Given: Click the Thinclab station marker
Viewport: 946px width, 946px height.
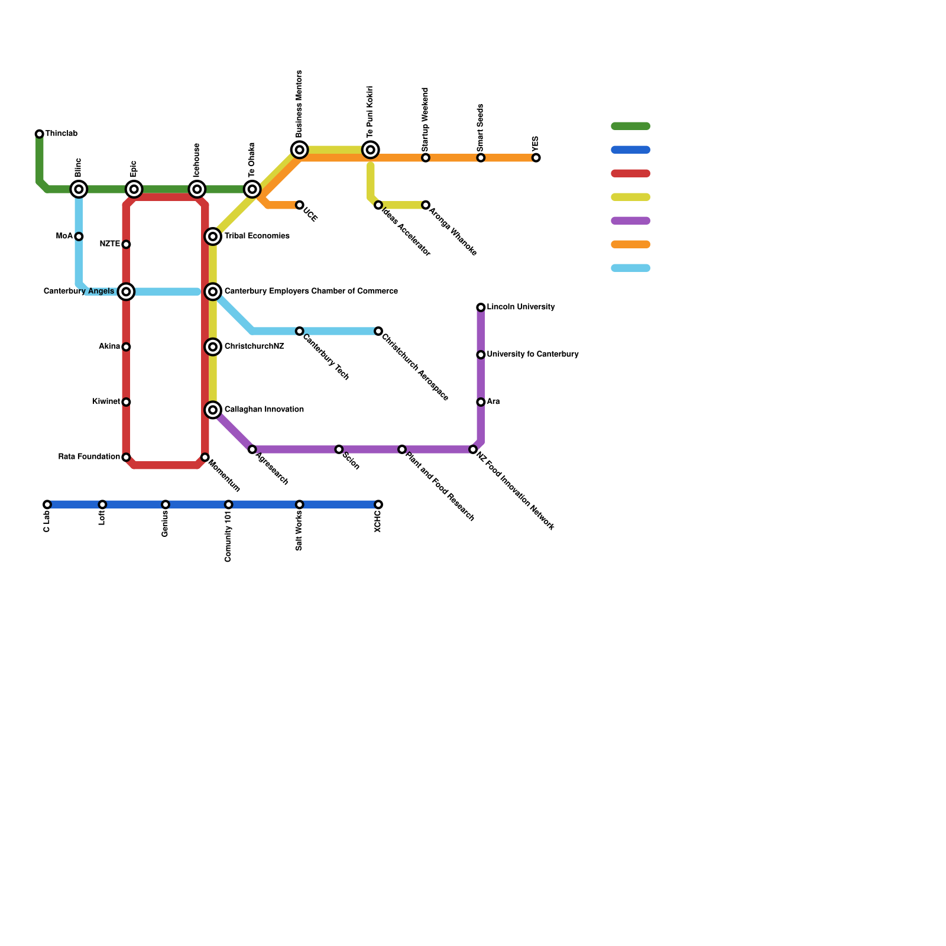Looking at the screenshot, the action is tap(40, 134).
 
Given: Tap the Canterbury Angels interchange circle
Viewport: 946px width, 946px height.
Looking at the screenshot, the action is tap(126, 291).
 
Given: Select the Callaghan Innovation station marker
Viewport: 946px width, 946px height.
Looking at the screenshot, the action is tap(213, 410).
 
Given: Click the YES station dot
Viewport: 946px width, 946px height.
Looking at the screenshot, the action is tap(536, 158).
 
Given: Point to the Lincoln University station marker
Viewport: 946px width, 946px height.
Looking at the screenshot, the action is tap(481, 307).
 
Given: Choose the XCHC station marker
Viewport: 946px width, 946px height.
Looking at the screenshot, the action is tap(378, 504).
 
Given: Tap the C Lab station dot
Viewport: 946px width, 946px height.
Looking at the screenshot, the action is tap(47, 504).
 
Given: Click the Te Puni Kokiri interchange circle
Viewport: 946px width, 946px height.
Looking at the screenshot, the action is tap(371, 150).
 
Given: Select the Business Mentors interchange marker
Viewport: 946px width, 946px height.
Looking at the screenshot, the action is tap(300, 150).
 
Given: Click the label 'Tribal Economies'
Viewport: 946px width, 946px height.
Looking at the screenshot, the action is tap(257, 237).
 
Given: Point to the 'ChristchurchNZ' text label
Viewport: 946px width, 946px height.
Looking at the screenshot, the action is tap(254, 346).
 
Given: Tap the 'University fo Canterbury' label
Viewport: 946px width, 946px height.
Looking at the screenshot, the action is tap(532, 355).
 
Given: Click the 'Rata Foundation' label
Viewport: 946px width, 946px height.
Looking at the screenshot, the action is tap(89, 457).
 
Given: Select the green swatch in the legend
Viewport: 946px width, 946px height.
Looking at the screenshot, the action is tap(630, 126).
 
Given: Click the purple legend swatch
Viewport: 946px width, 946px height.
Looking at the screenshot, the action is tap(630, 221).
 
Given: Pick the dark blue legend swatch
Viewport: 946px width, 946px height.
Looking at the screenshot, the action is tap(630, 150).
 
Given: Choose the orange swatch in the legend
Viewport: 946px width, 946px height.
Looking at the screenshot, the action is tap(630, 244).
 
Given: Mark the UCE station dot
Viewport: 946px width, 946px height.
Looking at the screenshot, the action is tap(300, 205).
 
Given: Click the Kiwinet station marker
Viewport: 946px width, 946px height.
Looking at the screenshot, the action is tap(126, 402).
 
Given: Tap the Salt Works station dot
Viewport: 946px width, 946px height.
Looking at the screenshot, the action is tap(300, 504).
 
